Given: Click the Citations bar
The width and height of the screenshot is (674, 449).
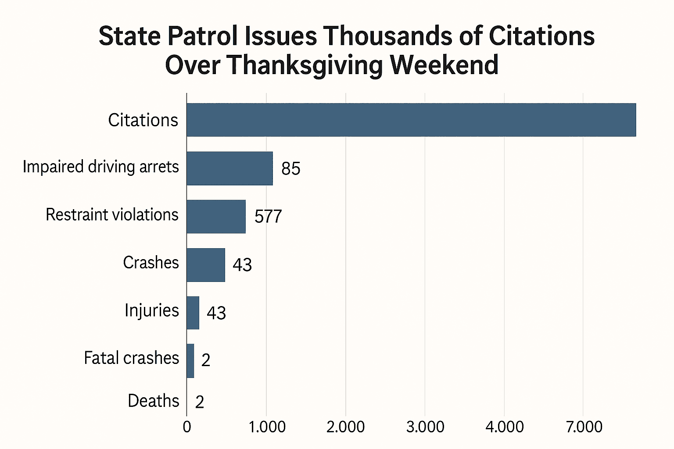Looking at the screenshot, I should point(411,120).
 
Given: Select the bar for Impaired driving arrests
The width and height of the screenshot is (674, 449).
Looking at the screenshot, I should point(229,168).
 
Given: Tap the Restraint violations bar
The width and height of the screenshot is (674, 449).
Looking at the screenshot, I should point(216,216).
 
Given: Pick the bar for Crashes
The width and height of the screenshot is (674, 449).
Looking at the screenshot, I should point(206,265).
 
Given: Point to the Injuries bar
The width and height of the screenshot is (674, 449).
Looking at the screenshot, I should point(193,313).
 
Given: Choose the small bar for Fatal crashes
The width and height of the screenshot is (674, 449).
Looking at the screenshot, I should point(190,360).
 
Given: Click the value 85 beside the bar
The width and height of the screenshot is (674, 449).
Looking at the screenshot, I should point(290,169).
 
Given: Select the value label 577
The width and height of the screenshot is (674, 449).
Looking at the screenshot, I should point(268,217).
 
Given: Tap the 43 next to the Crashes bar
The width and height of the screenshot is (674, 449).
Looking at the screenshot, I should point(242,265).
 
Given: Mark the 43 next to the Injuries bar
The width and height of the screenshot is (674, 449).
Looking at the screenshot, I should point(216,313).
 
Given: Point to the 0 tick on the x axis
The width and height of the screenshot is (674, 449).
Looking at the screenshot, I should point(187,427).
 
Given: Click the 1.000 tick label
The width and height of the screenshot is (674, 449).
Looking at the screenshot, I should point(267,427).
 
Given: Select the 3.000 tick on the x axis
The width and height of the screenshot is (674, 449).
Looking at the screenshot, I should point(425,427).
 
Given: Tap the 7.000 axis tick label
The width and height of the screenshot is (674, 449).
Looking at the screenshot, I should point(584,427).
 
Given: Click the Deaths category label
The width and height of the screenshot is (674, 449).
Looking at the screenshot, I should point(153,401).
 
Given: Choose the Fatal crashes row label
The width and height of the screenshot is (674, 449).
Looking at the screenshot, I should point(131,358).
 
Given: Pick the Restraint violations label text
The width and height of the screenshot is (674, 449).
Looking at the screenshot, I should point(112,215).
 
